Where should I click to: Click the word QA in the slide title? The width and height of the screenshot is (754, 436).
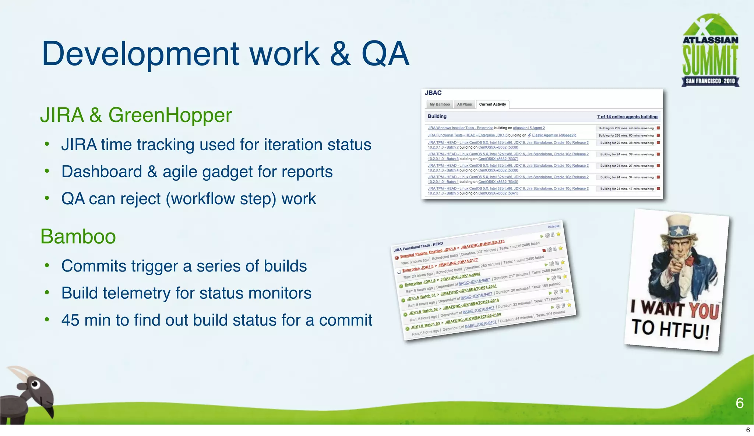pos(385,54)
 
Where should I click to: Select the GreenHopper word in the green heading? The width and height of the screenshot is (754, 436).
pos(170,115)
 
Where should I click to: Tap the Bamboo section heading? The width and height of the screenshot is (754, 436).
pos(78,236)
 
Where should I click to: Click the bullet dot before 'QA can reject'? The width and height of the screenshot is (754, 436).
pos(47,198)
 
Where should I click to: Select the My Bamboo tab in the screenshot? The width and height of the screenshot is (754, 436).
pos(440,104)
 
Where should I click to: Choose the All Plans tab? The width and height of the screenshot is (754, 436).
pos(464,104)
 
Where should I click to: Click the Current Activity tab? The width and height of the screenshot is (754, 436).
pos(492,104)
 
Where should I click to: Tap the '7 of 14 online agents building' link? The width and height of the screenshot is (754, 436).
pos(627,117)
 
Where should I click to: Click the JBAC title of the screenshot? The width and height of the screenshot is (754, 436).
pos(433,93)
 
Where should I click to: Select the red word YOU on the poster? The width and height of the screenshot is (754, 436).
pos(703,311)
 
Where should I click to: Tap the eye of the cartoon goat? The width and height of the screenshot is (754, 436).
pos(35,385)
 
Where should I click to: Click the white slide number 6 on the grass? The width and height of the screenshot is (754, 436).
pos(739,403)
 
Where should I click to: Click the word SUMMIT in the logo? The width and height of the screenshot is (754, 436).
pos(710,60)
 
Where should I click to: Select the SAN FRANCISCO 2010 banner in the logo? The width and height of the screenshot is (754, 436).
pos(710,81)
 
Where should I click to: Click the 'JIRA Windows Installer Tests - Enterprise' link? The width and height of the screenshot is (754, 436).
pos(460,128)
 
